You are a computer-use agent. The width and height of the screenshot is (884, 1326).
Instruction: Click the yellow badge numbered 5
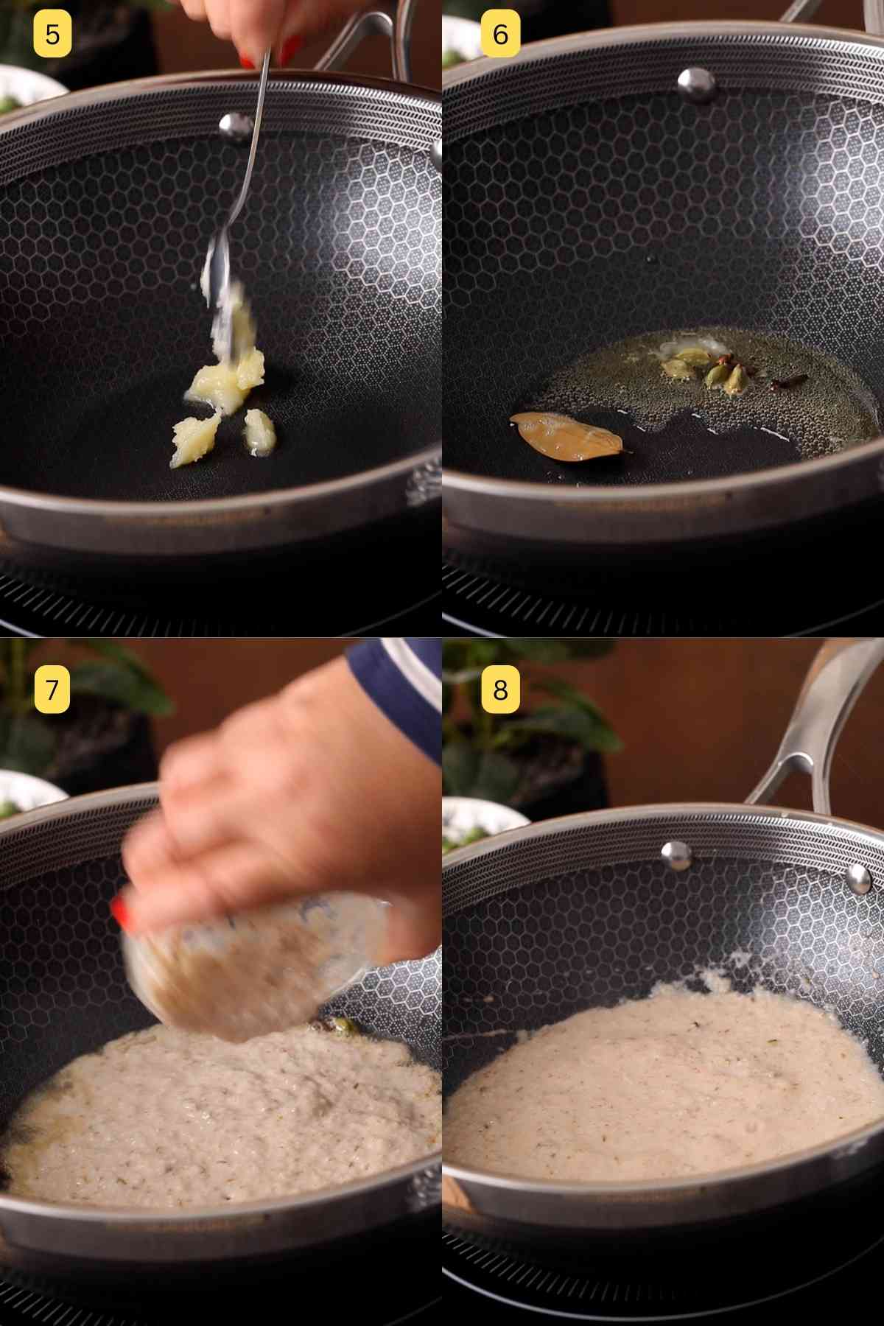tap(52, 34)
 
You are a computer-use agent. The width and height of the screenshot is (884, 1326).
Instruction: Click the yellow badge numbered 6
tap(500, 34)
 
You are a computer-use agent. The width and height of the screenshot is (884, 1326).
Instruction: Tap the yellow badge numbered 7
tap(52, 690)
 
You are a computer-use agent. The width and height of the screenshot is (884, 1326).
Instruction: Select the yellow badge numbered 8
tap(500, 690)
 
